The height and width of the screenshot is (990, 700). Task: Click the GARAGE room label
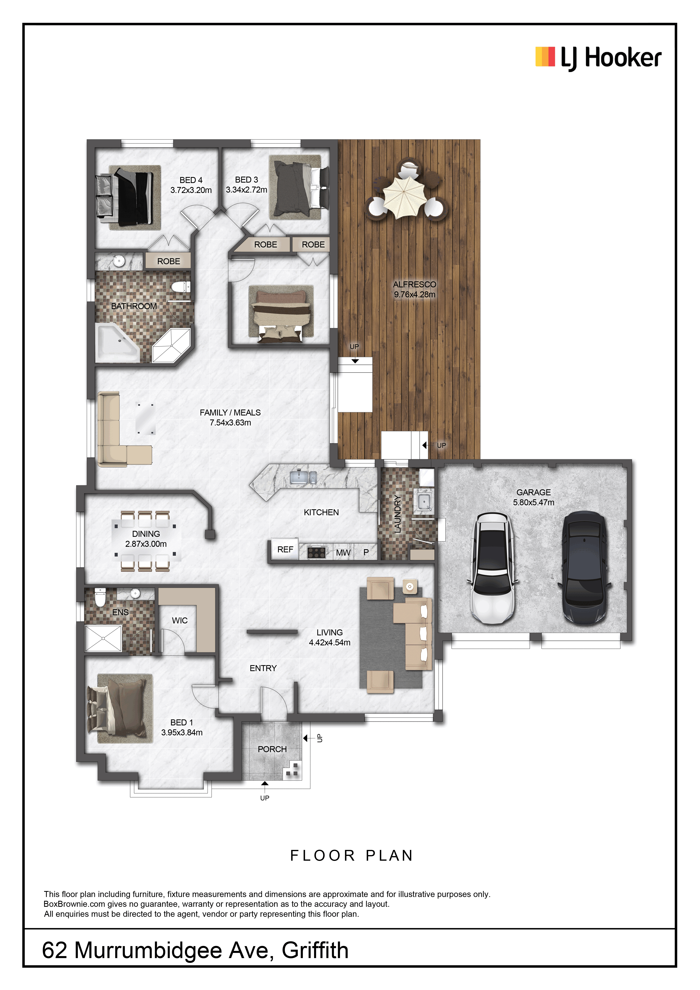pos(534,493)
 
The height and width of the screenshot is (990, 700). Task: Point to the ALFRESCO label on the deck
pos(415,285)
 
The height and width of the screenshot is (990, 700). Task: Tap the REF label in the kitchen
pos(285,549)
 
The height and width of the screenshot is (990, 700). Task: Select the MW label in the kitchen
pos(343,552)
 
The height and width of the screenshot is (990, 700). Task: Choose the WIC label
pos(180,620)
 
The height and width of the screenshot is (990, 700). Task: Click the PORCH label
pos(272,749)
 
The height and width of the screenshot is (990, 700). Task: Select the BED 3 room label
pos(247,180)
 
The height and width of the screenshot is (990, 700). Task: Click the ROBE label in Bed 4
pos(169,261)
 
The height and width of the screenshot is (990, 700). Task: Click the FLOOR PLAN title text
pos(352,855)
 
